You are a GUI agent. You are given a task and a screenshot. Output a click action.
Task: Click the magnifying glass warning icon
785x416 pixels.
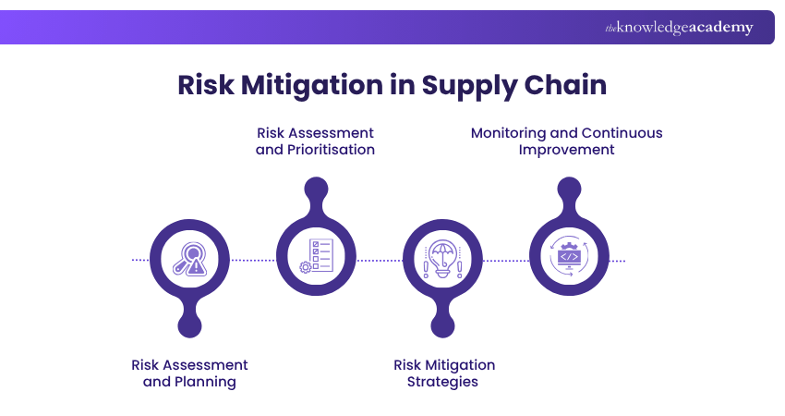click(189, 260)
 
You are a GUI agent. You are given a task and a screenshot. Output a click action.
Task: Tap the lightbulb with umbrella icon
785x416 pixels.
click(441, 260)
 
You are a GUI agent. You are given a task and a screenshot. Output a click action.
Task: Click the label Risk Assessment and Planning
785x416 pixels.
click(189, 373)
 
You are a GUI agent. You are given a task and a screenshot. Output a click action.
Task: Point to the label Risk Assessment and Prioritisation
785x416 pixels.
click(315, 141)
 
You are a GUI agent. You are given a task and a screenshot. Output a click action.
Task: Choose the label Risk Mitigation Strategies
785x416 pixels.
click(443, 373)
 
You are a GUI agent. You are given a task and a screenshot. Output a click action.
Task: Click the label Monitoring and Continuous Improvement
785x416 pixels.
click(566, 141)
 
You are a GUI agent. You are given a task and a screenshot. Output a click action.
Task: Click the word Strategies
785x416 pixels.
click(443, 382)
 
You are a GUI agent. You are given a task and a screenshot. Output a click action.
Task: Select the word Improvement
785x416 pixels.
click(566, 149)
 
